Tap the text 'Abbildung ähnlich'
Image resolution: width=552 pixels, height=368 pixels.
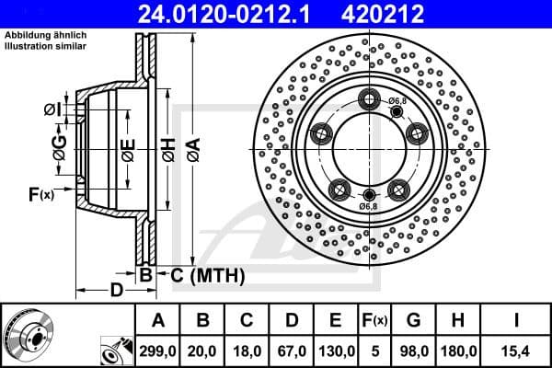tap(45, 35)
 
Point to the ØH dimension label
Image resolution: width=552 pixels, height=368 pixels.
tap(168, 148)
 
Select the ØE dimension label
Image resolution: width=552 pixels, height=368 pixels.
tap(127, 148)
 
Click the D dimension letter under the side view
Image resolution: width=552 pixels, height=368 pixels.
tap(116, 291)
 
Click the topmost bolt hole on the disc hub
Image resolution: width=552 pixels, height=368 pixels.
tap(370, 100)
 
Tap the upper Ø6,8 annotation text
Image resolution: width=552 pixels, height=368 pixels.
tap(398, 100)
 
